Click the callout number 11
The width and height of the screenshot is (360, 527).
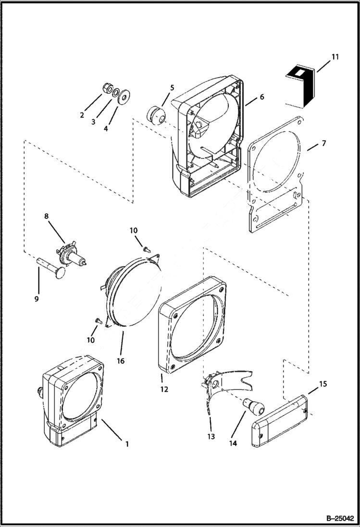(335, 57)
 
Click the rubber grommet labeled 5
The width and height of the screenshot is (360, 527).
(156, 115)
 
